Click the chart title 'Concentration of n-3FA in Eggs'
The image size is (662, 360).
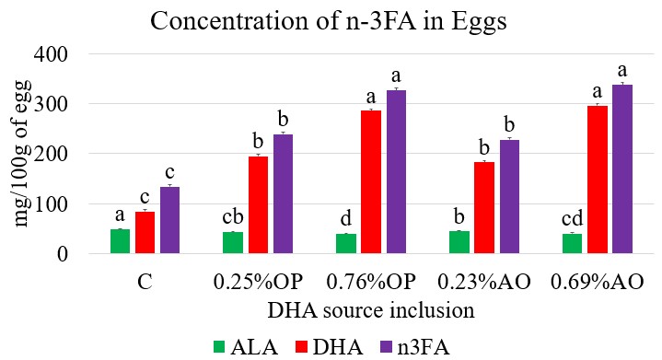328,20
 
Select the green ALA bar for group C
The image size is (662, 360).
120,241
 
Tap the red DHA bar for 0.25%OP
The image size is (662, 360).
258,204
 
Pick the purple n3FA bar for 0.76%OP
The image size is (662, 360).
396,171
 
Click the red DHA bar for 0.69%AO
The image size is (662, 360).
598,180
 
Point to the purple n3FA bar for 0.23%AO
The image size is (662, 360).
509,196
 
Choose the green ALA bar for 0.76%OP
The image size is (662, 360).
346,243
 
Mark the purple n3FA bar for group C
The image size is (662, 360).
169,220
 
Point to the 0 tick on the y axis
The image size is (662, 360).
63,254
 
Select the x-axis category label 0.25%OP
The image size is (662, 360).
258,282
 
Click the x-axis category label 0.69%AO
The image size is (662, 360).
597,282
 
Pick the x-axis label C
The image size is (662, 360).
145,282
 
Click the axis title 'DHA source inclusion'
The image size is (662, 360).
371,310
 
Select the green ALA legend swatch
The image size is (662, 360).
219,347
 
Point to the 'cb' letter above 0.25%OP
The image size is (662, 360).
233,216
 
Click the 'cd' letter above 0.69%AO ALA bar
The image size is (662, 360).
572,218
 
